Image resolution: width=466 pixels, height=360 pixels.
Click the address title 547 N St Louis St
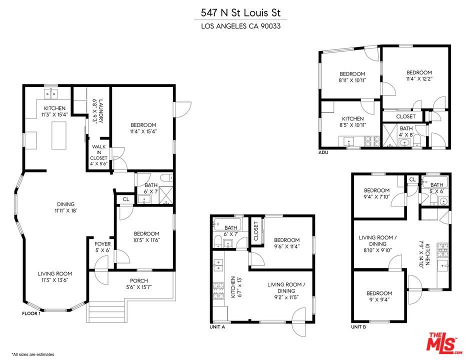240,13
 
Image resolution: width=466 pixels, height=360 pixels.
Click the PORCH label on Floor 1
139,280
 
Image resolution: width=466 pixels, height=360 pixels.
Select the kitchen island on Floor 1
59,135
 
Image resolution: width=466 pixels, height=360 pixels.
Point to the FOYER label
102,244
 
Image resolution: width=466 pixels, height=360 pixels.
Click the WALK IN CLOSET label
98,152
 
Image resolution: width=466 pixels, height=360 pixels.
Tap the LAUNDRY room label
101,111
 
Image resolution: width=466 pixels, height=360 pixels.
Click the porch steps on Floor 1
105,312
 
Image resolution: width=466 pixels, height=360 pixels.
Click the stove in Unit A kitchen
218,291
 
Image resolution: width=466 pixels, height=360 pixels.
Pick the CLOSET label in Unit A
256,231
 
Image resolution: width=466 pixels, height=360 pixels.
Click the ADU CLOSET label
405,116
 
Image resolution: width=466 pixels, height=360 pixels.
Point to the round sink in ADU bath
404,143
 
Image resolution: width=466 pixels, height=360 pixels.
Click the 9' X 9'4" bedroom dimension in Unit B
379,299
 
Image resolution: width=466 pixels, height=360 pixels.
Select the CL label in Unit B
412,179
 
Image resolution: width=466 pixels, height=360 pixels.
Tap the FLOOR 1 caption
31,313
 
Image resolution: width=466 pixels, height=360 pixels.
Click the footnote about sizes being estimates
33,354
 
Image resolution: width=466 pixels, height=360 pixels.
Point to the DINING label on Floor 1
65,204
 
